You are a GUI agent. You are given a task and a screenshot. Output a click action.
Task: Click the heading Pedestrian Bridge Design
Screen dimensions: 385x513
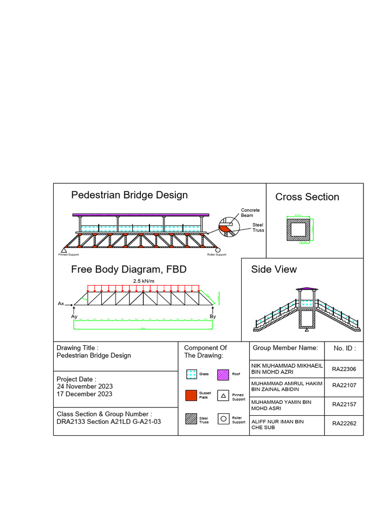pos(129,195)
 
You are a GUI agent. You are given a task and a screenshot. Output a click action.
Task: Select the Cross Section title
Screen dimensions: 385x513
pos(307,197)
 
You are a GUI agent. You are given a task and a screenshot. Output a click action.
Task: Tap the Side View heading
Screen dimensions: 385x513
pos(274,269)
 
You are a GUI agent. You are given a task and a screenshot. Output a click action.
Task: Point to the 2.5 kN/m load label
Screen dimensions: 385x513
pos(143,281)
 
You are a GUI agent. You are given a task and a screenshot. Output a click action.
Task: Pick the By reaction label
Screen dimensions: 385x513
pos(213,317)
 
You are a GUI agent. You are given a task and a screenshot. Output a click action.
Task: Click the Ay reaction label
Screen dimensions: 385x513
pos(74,317)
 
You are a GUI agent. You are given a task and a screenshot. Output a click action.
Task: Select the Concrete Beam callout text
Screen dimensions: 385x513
pos(250,213)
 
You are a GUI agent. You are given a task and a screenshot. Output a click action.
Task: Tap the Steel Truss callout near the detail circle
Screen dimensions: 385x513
pos(258,227)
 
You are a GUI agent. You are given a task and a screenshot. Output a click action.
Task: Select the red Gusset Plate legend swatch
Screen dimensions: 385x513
pos(191,395)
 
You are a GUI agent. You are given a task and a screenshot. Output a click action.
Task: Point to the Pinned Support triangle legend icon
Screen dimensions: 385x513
pos(223,395)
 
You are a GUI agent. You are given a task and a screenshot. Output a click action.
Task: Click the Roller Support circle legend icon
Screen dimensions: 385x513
pos(223,419)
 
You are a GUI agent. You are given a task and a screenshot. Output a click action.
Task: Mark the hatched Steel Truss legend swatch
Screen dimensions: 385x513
pos(191,419)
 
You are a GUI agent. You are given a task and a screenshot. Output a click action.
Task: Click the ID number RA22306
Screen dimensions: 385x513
pos(344,369)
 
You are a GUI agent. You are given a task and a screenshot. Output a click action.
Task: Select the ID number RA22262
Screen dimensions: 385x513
pos(344,423)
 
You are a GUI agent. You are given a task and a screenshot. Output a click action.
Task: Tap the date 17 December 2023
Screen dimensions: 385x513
pos(84,394)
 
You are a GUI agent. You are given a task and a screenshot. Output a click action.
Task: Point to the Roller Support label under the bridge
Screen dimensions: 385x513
pos(217,254)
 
